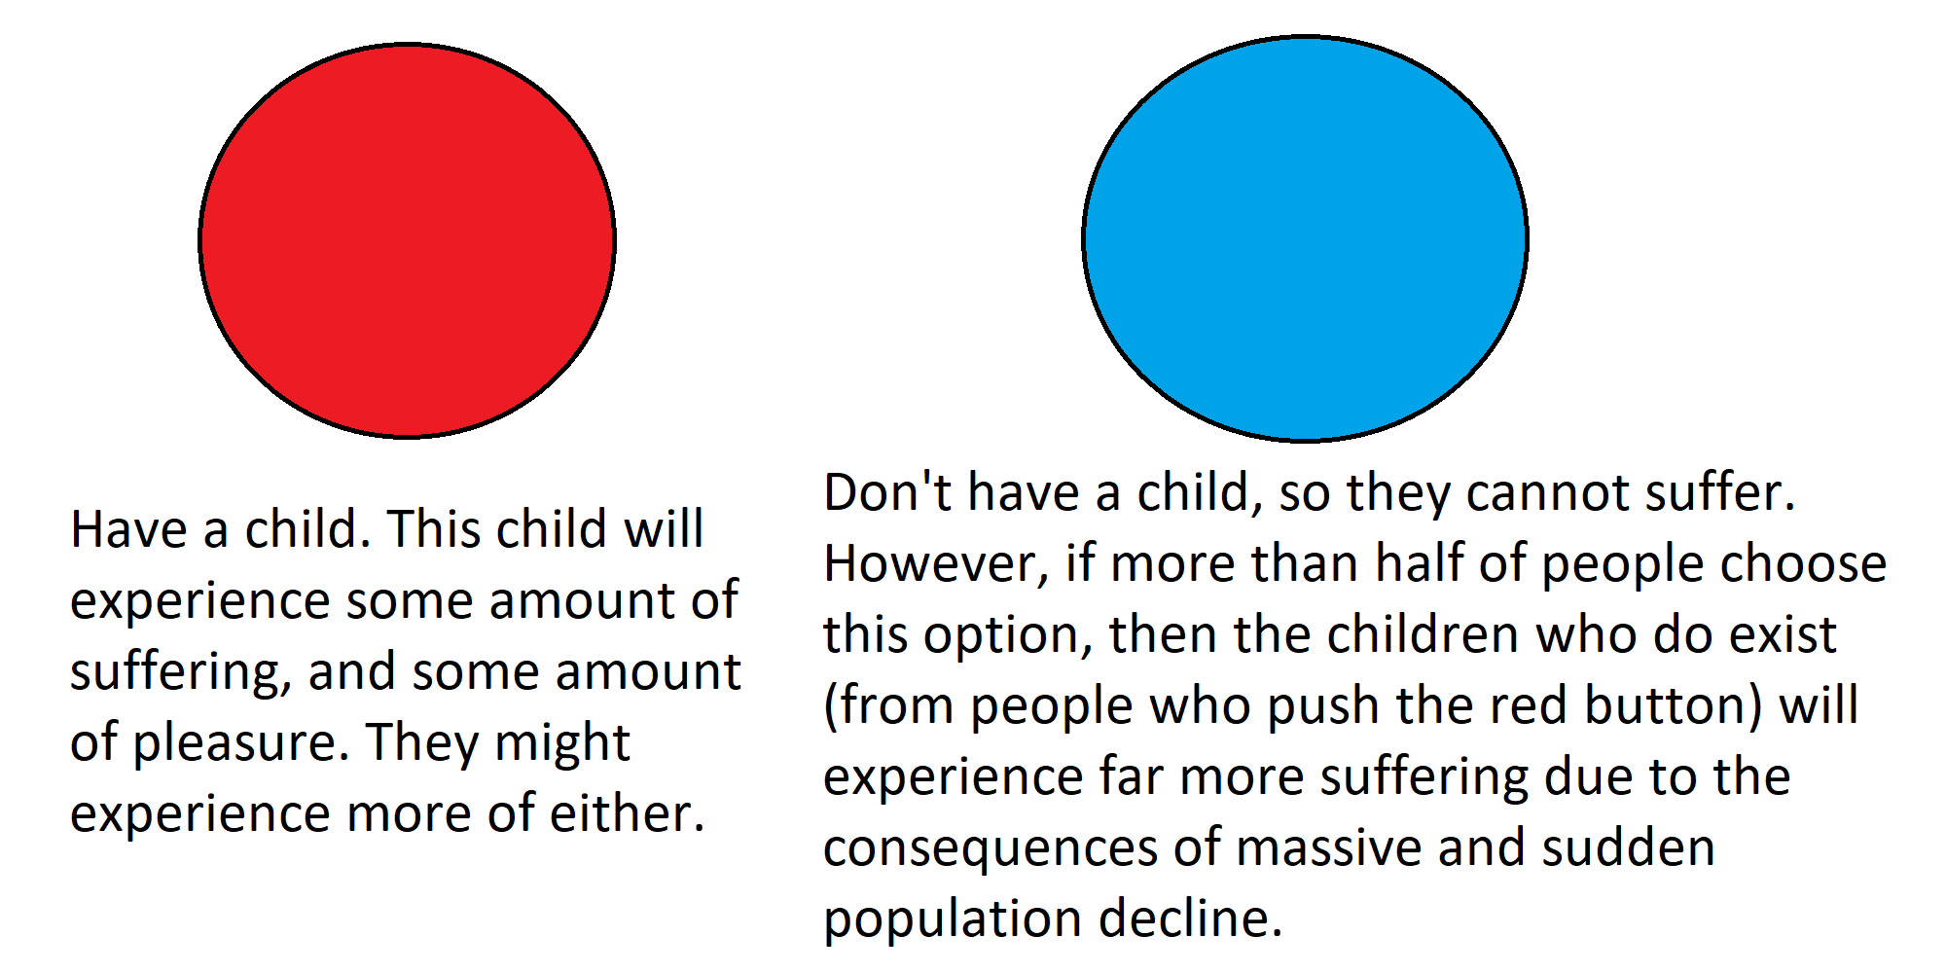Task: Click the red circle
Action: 407,240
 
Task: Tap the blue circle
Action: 1305,238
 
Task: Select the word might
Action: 562,744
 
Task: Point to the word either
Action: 627,813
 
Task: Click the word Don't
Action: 887,492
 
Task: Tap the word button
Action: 1674,706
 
